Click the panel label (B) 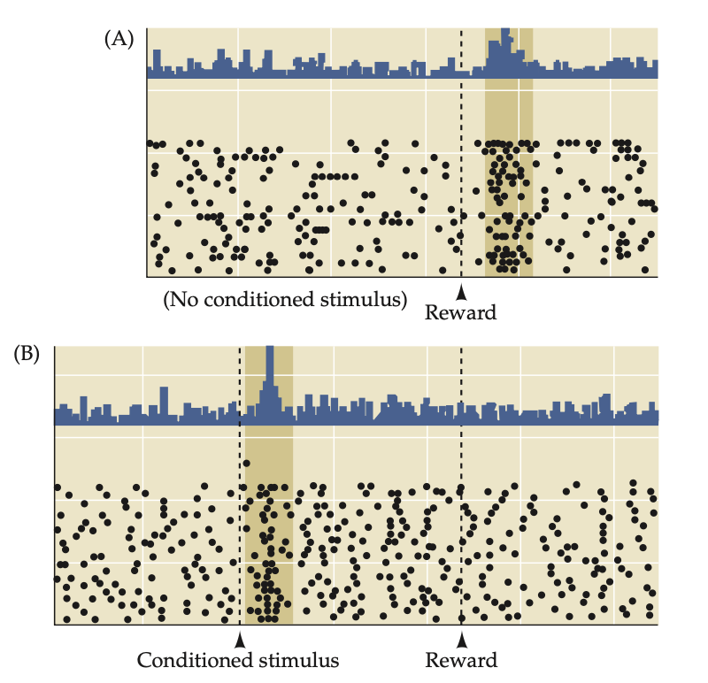27,356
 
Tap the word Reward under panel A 461,311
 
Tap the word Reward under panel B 461,660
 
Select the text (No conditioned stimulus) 285,301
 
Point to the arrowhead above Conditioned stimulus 239,639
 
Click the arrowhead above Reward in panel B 461,639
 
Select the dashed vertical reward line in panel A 461,177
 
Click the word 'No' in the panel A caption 182,301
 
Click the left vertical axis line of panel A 147,177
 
